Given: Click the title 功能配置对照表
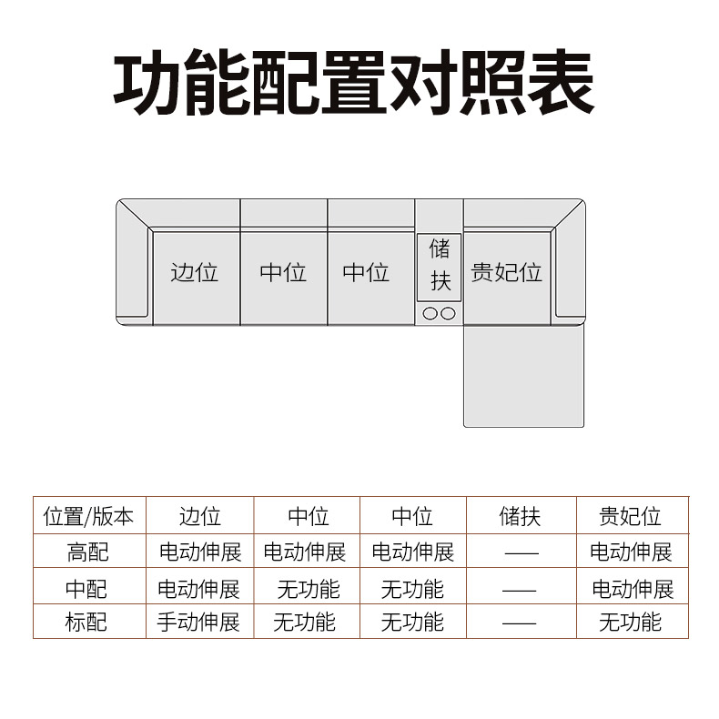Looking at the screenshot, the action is click(x=353, y=83).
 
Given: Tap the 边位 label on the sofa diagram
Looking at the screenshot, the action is click(x=195, y=272).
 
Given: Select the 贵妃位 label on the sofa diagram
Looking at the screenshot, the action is click(x=506, y=272).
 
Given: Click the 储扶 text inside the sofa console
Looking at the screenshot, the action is click(x=440, y=265).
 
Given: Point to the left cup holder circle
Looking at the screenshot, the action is click(x=430, y=314).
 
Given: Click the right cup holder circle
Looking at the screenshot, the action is click(x=448, y=314).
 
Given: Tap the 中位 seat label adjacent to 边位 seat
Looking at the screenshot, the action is click(x=283, y=272).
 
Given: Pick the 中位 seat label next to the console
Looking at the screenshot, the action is click(x=366, y=272).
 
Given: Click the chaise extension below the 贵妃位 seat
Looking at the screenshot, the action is click(x=523, y=377).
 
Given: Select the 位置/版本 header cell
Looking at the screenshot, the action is click(x=88, y=517).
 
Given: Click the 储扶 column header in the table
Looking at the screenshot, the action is click(x=520, y=517).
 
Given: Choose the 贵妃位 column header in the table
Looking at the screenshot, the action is click(x=630, y=517).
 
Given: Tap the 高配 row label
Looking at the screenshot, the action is click(x=87, y=552).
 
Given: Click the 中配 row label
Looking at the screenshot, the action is click(x=86, y=589).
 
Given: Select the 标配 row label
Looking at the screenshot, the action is click(x=86, y=623).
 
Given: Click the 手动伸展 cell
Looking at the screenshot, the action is click(x=198, y=623).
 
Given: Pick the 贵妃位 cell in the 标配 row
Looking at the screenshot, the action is click(x=630, y=623).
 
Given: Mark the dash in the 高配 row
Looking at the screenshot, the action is click(x=522, y=554).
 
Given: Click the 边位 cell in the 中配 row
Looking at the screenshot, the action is click(x=198, y=589).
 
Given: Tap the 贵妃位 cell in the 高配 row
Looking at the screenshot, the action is click(x=631, y=552).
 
